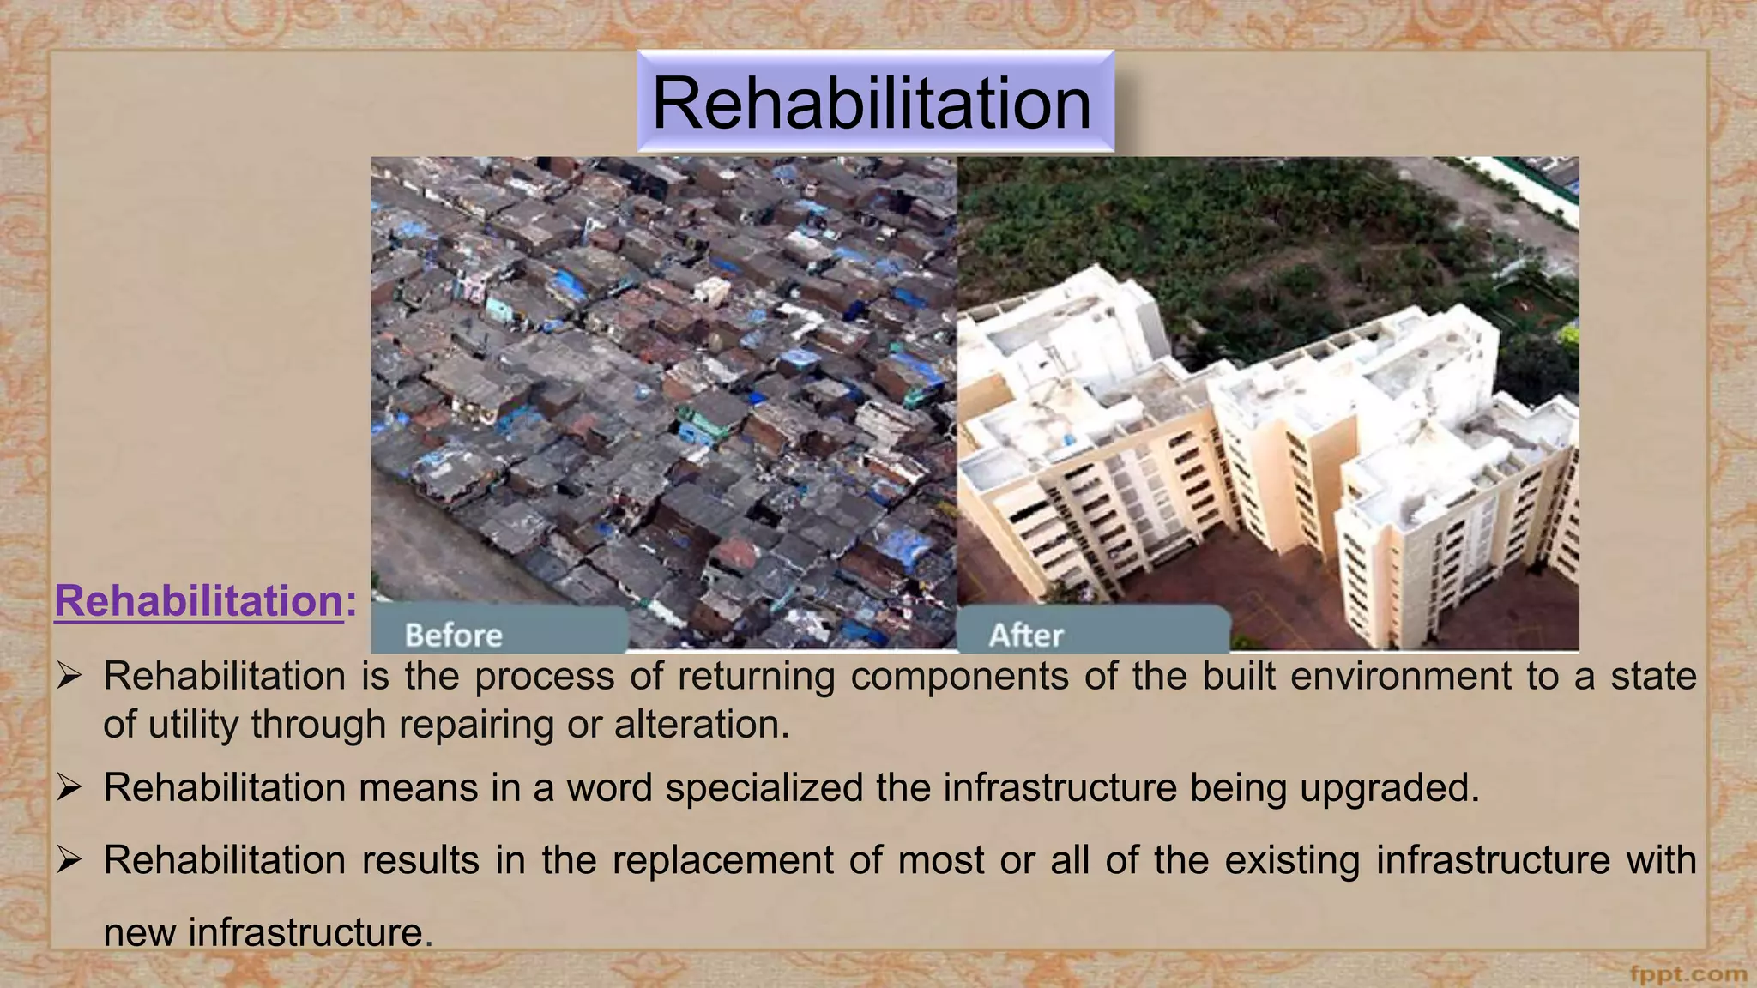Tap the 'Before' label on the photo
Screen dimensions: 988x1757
(453, 636)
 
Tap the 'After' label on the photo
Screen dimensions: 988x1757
(1026, 636)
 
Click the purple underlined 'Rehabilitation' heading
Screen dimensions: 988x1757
(199, 600)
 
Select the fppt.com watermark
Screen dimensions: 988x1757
(1688, 974)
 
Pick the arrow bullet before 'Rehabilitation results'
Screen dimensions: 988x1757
(69, 860)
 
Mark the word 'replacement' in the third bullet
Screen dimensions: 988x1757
(723, 860)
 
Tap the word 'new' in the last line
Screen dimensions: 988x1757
(138, 933)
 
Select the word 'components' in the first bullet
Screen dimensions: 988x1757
(960, 676)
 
